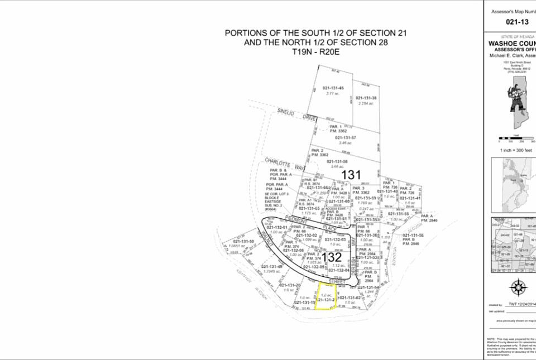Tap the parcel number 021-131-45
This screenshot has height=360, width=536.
pyautogui.click(x=333, y=88)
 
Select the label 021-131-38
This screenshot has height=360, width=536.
pyautogui.click(x=366, y=98)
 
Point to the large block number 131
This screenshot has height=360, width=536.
pyautogui.click(x=351, y=175)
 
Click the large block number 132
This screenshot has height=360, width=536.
pyautogui.click(x=332, y=257)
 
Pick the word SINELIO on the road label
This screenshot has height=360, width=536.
pyautogui.click(x=289, y=114)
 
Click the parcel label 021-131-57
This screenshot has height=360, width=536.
pyautogui.click(x=349, y=137)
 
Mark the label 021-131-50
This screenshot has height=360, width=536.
pyautogui.click(x=244, y=242)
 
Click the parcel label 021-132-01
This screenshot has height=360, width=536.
pyautogui.click(x=277, y=228)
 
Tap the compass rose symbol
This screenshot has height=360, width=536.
pyautogui.click(x=519, y=287)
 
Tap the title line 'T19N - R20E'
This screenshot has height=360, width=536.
pyautogui.click(x=315, y=51)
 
